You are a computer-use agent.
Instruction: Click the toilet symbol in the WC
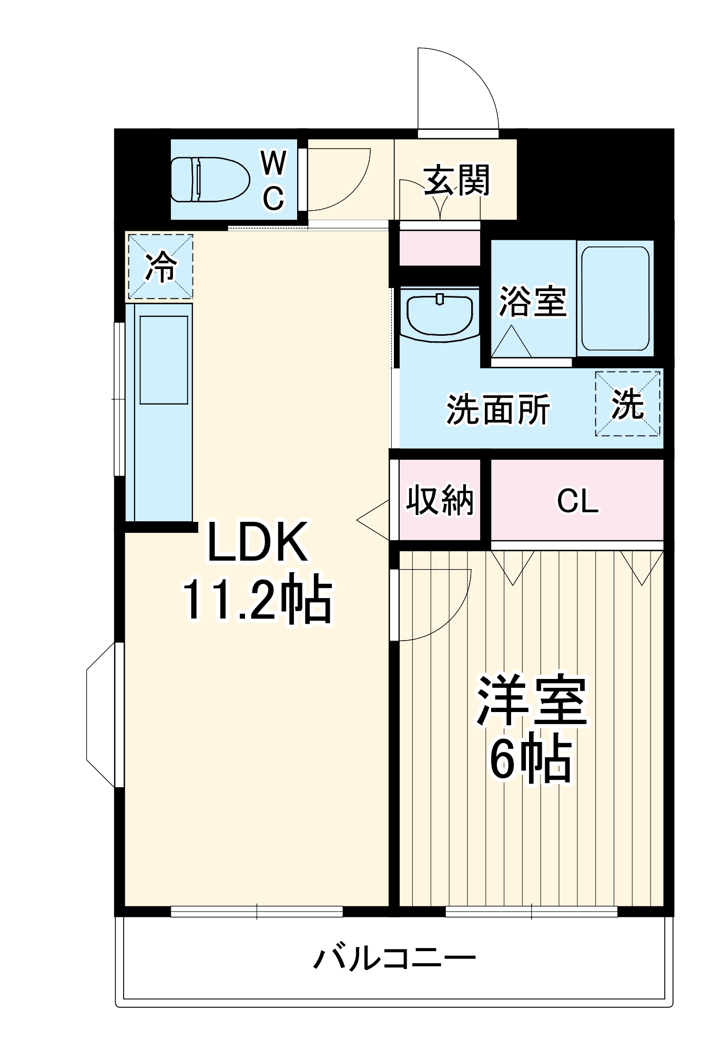(x=210, y=179)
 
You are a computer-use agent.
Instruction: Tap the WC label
(x=273, y=180)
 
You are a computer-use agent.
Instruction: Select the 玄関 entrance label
(x=456, y=180)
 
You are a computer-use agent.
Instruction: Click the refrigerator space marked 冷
(x=160, y=267)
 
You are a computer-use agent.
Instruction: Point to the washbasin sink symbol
(x=440, y=314)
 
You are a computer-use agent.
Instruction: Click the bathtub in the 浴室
(x=615, y=298)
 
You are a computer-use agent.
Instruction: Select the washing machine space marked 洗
(x=627, y=404)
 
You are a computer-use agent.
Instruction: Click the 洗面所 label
(x=497, y=409)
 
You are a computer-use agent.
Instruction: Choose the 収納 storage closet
(x=440, y=500)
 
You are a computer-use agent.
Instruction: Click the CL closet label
(x=577, y=501)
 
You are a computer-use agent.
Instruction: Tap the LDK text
(x=257, y=542)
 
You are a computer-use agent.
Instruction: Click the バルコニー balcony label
(x=394, y=959)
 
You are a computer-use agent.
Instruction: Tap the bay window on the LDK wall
(x=101, y=715)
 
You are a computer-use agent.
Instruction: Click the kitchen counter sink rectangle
(x=164, y=360)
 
